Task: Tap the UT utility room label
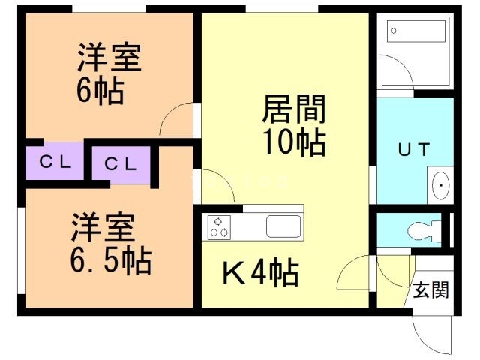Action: click(x=413, y=149)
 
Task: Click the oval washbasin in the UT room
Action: click(x=441, y=184)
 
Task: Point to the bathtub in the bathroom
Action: click(x=417, y=32)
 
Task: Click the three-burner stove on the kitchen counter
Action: click(x=220, y=226)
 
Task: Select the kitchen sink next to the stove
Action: click(x=283, y=226)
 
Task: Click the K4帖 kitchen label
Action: click(x=260, y=274)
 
